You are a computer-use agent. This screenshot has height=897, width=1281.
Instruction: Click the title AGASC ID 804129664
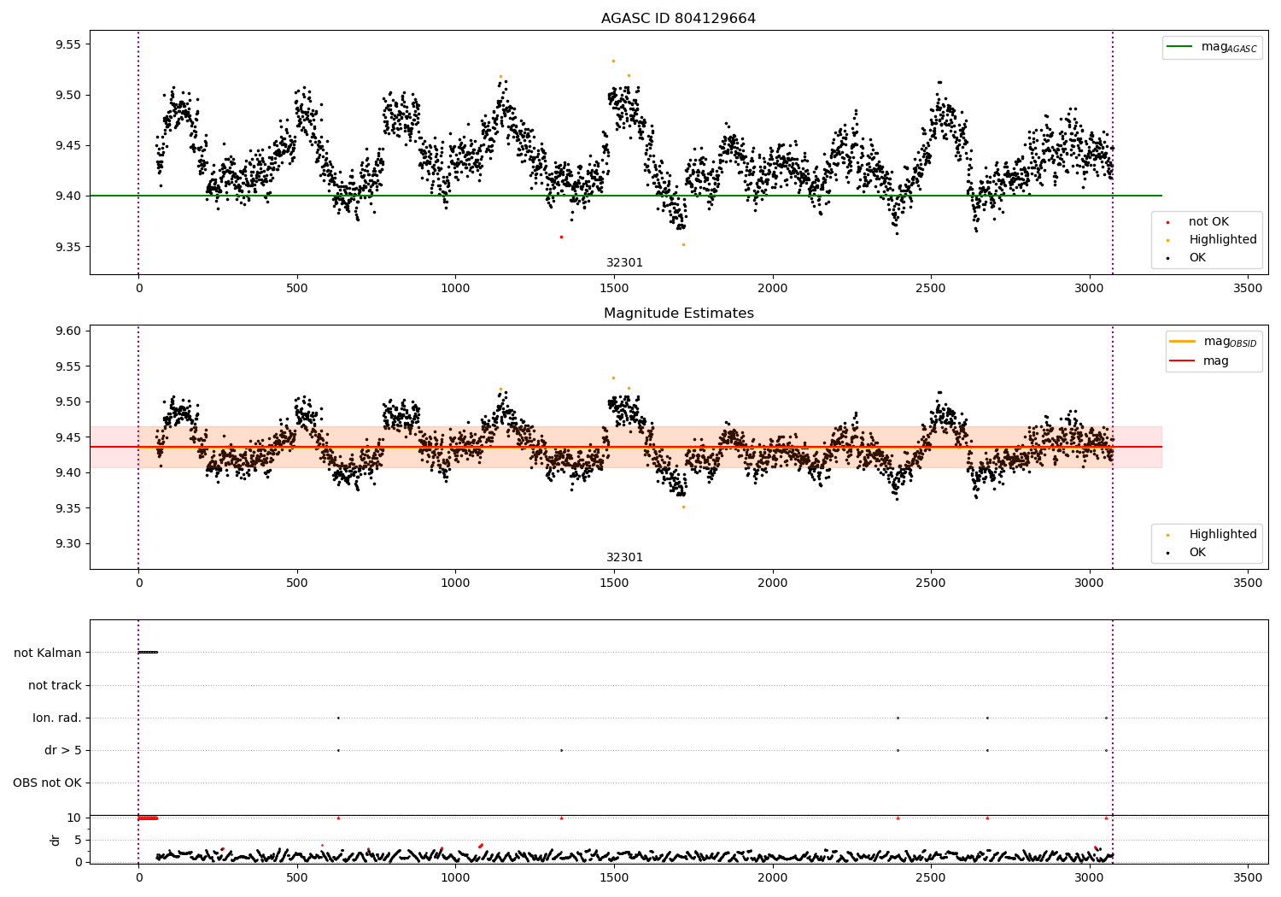tap(678, 18)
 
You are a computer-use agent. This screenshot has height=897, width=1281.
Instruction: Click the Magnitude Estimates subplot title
tap(679, 313)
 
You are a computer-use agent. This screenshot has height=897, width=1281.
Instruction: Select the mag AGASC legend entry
tap(1213, 47)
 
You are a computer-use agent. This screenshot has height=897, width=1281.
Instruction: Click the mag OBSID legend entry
tap(1214, 342)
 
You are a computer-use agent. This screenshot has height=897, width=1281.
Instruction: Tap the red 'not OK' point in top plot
tap(561, 237)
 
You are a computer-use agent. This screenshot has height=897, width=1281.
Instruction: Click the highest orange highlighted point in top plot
tap(613, 62)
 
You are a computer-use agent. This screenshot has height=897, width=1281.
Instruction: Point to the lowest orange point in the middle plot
tap(683, 507)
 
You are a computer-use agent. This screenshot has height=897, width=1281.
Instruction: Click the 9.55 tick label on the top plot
tap(68, 44)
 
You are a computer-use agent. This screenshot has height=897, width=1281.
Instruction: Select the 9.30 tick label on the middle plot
tap(68, 543)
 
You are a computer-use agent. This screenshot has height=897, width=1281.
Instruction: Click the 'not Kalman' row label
tap(48, 653)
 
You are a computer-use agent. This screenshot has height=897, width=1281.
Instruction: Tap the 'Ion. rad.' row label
tap(56, 718)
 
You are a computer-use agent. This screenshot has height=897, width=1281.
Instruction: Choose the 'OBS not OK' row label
tap(47, 783)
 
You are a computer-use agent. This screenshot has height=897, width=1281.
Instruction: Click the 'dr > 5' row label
tap(63, 750)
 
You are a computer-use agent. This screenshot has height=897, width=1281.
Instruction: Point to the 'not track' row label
tap(55, 685)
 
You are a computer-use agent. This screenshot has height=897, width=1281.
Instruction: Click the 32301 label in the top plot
tap(624, 262)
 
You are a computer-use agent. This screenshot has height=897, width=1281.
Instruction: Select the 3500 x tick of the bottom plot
tap(1247, 877)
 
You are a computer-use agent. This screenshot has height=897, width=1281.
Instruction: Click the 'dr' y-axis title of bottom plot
tap(56, 840)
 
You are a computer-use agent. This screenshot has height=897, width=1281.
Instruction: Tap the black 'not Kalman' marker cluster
tap(148, 652)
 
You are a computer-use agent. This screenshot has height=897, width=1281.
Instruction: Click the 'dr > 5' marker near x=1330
tap(562, 750)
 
